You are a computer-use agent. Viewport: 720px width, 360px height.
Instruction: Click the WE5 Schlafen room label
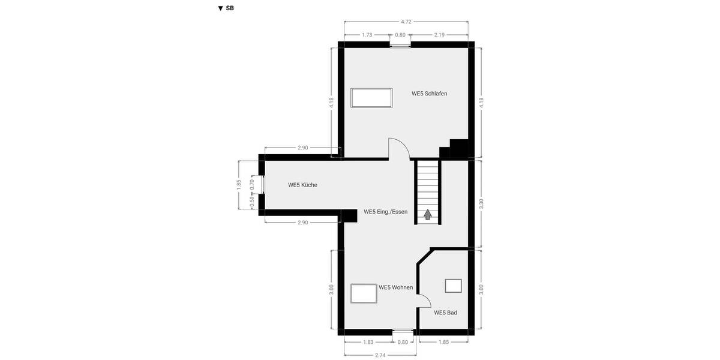[x=429, y=94]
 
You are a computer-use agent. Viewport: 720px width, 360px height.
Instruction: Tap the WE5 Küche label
[x=302, y=185]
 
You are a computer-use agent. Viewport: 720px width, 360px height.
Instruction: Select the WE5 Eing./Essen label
[x=385, y=212]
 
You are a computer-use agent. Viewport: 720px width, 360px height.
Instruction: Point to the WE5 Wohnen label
[x=395, y=287]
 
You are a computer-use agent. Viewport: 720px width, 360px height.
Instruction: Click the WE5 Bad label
[x=446, y=313]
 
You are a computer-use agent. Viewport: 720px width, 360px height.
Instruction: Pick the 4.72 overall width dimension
[x=406, y=22]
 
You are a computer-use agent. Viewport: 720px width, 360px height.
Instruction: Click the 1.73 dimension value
[x=367, y=35]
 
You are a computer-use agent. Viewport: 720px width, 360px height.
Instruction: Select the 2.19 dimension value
[x=439, y=35]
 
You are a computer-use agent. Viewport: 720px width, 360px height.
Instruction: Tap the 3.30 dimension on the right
[x=481, y=203]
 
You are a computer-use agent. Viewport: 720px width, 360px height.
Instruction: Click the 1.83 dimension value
[x=368, y=342]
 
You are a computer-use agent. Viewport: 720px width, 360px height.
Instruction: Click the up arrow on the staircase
[x=428, y=214]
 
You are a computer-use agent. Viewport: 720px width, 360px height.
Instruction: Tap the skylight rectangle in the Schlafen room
[x=371, y=98]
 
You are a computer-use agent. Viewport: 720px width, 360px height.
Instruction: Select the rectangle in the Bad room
[x=454, y=286]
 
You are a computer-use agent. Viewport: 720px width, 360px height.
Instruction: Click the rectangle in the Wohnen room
[x=364, y=293]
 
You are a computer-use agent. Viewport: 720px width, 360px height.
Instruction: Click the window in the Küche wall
[x=263, y=184]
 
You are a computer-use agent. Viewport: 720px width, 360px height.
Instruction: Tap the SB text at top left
[x=230, y=8]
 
